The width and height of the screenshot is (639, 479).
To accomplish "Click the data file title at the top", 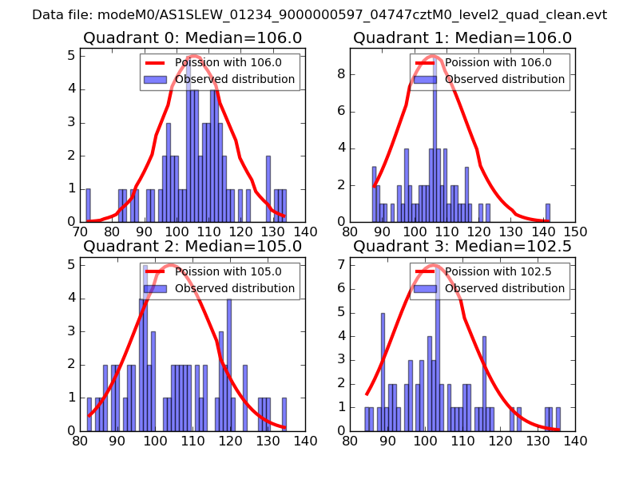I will [x=319, y=14].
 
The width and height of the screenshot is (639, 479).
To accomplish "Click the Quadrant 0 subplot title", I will [x=192, y=38].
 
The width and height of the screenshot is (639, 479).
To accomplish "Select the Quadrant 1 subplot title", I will [x=462, y=38].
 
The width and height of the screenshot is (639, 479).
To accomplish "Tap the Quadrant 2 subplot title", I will [x=192, y=246].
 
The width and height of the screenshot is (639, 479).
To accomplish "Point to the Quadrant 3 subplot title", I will [x=462, y=246].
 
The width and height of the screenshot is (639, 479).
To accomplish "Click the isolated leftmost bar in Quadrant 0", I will [x=88, y=205].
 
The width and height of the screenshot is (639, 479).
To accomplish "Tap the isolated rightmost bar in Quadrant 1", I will [x=547, y=212].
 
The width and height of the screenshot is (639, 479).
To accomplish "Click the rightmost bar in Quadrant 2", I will [x=284, y=414].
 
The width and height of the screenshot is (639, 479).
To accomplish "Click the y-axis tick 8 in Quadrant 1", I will [x=341, y=73].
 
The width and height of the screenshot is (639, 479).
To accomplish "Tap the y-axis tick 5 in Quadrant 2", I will [x=71, y=264].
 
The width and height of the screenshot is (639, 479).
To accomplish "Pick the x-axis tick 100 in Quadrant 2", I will [x=155, y=440].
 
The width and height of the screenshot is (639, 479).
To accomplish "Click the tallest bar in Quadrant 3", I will [x=438, y=351].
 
